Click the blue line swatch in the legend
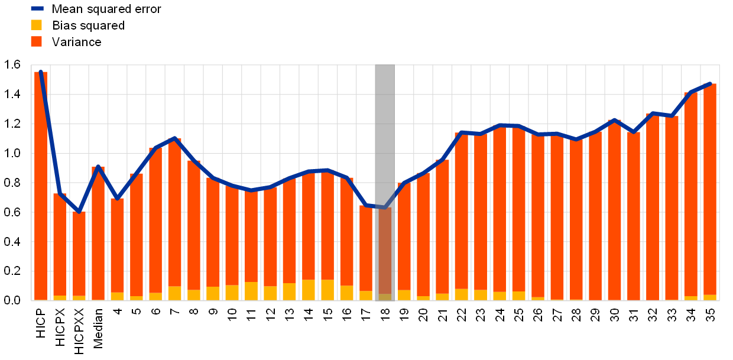(x=37, y=8)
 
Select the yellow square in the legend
(x=37, y=25)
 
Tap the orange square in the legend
(x=37, y=41)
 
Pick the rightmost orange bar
(x=710, y=189)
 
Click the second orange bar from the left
(x=60, y=242)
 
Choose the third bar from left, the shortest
(x=79, y=254)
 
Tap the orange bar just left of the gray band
(x=366, y=248)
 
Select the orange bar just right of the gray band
(x=404, y=236)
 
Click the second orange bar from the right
(x=690, y=195)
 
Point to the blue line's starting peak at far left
(x=40, y=72)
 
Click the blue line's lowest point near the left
(x=79, y=211)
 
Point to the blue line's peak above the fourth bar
(x=98, y=167)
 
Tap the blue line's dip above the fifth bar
(x=117, y=198)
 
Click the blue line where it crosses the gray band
(x=385, y=207)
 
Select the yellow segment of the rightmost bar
(x=710, y=297)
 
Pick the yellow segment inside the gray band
(x=385, y=297)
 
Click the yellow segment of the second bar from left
(x=60, y=297)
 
